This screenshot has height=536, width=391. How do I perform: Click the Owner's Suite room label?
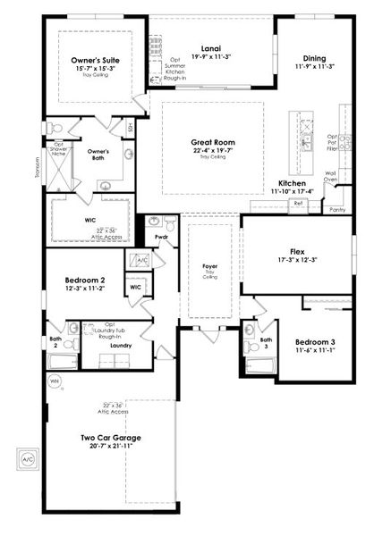pos(96,61)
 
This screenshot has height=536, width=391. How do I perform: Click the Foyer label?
pos(210,266)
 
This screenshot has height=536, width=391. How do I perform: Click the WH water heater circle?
pos(53,381)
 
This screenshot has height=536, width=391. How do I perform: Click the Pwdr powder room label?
pos(162,237)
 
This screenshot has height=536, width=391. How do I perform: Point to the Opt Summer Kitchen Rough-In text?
pos(176,70)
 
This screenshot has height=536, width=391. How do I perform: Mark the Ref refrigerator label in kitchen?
pos(298,204)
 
